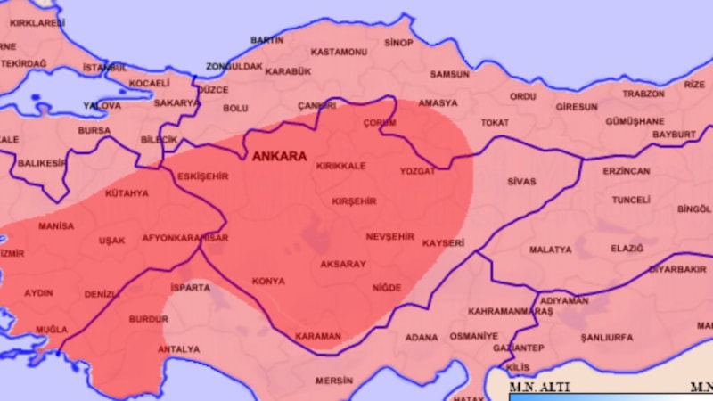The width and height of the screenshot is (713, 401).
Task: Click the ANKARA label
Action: point(279,156)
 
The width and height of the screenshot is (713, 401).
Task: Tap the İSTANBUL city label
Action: point(105,68)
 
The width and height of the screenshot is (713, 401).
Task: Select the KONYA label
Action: point(268,281)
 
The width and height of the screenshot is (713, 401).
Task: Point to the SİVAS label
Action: point(521,182)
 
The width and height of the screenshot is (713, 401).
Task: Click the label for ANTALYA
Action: point(178,349)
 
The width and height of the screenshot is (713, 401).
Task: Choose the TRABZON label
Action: point(643,94)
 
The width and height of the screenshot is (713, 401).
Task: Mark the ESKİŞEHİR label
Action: point(203,176)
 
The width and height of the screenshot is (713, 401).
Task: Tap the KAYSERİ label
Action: point(443,242)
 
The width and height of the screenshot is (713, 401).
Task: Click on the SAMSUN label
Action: point(449,74)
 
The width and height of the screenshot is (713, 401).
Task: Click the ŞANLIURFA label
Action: point(606,338)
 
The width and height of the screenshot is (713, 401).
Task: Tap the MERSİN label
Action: point(334,381)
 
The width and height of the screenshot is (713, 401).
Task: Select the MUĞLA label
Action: point(51,330)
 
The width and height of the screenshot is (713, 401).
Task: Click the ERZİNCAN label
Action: point(627,171)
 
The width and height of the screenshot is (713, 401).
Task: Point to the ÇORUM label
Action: point(380,123)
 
